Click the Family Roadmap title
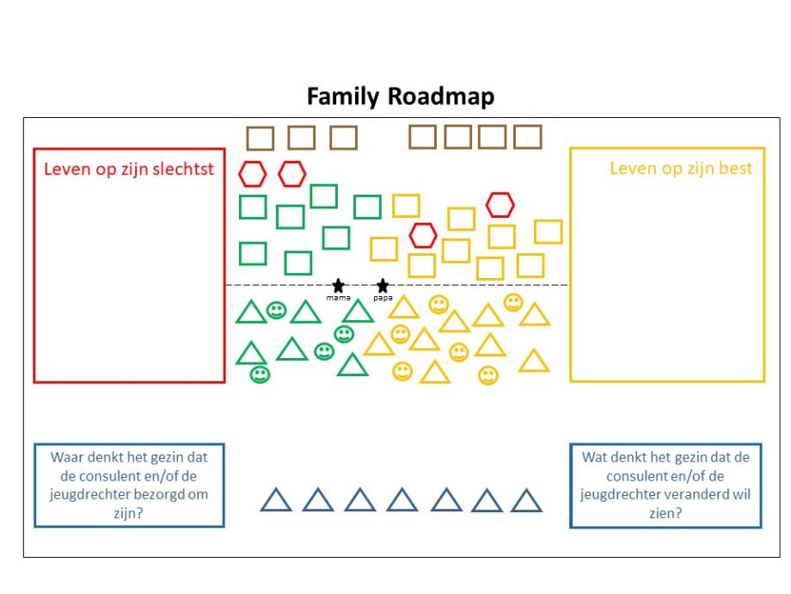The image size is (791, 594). tap(401, 96)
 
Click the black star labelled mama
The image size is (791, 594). tap(338, 285)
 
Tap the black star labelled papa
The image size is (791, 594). tap(383, 285)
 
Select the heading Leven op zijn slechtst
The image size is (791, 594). tap(129, 169)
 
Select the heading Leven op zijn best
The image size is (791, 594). tap(681, 168)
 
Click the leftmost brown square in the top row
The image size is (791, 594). tap(260, 139)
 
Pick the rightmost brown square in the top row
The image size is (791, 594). tap(528, 137)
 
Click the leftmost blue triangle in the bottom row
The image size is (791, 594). tap(276, 501)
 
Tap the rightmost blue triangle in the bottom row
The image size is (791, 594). tap(526, 501)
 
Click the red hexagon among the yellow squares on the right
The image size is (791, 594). tap(500, 205)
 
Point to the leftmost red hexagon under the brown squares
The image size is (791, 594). tap(252, 174)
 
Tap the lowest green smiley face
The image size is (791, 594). tap(260, 374)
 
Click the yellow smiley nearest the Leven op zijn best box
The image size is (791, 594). tap(513, 302)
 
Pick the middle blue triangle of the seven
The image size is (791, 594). tap(402, 501)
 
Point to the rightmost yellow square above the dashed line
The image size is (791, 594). tap(548, 232)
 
